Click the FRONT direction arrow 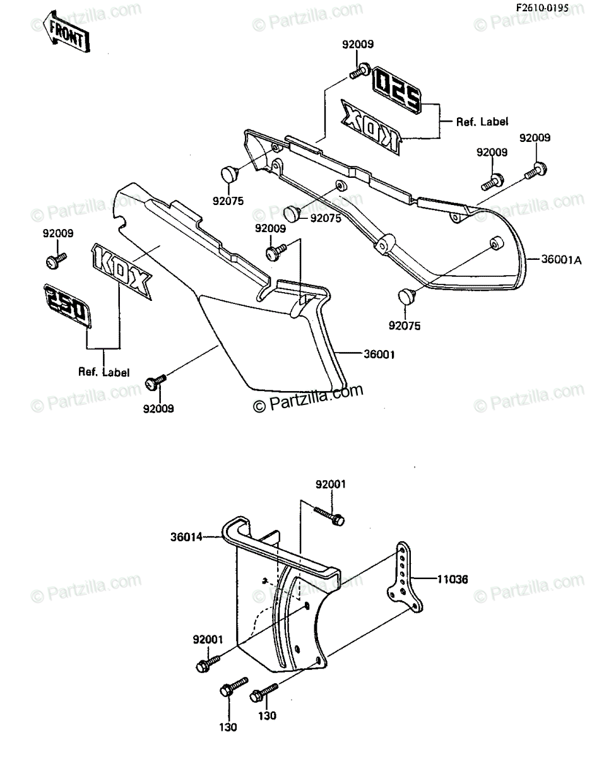click(x=66, y=32)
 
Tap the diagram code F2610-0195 click(x=542, y=8)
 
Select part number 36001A click(x=561, y=260)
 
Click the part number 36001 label click(x=379, y=355)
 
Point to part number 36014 click(x=186, y=537)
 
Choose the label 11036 click(x=453, y=579)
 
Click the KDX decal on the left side click(x=121, y=271)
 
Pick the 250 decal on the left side click(x=68, y=305)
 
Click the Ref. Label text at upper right click(x=482, y=122)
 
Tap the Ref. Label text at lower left click(x=104, y=372)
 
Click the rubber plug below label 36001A click(x=406, y=296)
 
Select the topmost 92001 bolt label click(x=331, y=484)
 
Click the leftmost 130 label click(x=228, y=727)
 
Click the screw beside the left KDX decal click(x=56, y=261)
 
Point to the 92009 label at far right click(x=535, y=138)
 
